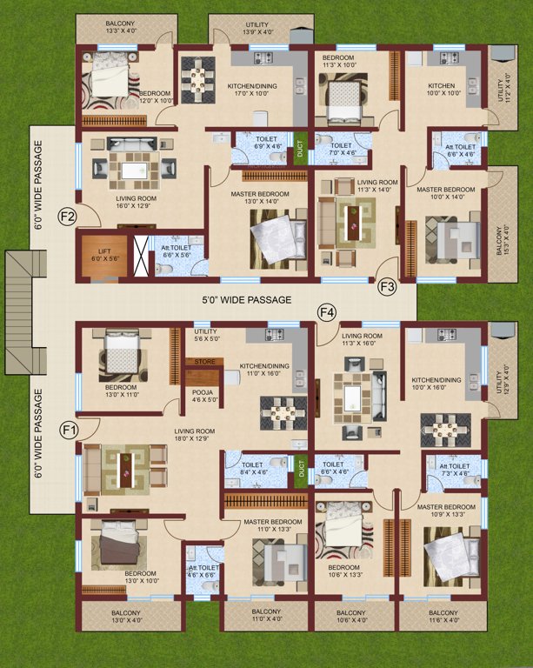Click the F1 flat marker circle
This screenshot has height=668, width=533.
[70, 429]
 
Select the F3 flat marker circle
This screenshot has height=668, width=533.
[388, 284]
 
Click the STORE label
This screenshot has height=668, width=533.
[204, 361]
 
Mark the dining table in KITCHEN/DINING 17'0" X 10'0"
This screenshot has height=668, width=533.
[197, 81]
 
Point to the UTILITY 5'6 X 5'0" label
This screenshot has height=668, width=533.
[207, 334]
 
